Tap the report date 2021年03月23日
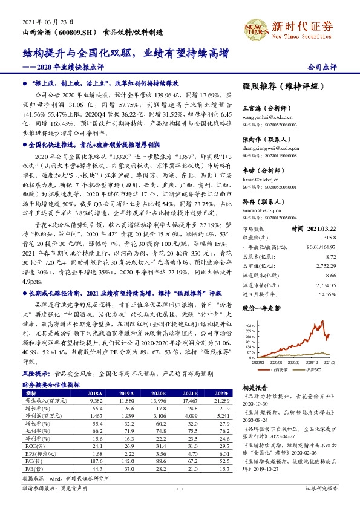coord(44,21)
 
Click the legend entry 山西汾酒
coord(280,369)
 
